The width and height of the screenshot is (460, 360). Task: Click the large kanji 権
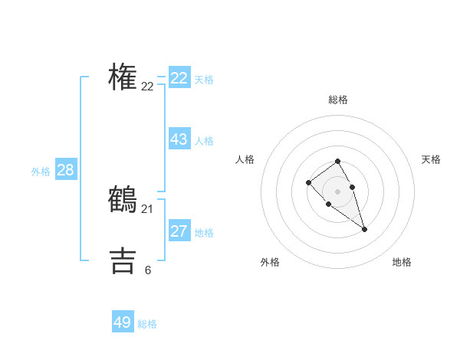point(123,77)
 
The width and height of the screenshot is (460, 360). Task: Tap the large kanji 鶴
point(123,199)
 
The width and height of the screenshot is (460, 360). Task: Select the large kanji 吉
point(123,260)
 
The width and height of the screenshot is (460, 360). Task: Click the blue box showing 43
point(179,139)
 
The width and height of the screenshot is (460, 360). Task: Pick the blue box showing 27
point(179,231)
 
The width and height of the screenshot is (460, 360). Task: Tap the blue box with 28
point(65,170)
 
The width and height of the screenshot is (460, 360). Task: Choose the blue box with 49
point(123,322)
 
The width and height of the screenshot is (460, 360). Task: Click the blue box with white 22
point(179,78)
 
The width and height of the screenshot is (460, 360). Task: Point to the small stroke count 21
point(148,208)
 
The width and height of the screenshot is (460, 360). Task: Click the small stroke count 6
point(148,270)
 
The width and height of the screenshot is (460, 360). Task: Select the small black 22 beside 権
point(148,87)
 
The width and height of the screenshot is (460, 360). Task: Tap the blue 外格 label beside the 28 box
point(41,172)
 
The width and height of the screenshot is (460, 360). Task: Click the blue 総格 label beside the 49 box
point(147,324)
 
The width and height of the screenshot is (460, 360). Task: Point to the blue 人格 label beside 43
point(204,141)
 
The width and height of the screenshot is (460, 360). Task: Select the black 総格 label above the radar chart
point(338,100)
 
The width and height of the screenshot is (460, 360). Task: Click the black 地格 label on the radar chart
point(402,262)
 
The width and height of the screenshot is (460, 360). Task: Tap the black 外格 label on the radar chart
point(270,262)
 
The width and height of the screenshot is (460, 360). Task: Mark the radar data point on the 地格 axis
point(364,229)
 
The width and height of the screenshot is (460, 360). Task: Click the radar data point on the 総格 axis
point(337,161)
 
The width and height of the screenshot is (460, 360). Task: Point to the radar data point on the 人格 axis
point(308,182)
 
